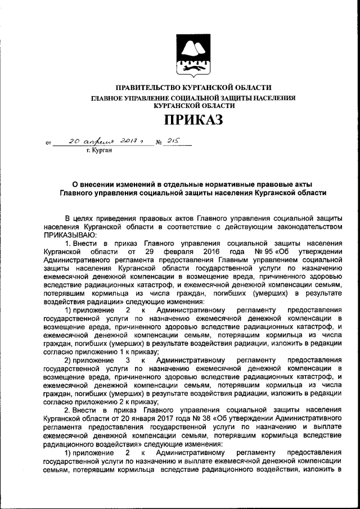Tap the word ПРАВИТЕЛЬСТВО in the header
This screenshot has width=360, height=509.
(x=148, y=88)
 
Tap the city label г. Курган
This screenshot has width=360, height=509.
(x=99, y=150)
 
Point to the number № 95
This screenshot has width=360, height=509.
(x=264, y=251)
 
